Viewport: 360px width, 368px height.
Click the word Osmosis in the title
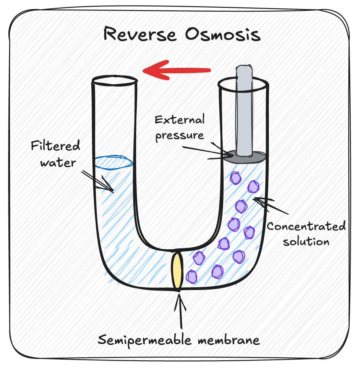tap(223, 34)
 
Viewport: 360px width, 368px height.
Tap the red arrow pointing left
tap(177, 70)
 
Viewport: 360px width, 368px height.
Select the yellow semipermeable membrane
tap(177, 270)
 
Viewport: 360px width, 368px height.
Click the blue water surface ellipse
tap(113, 161)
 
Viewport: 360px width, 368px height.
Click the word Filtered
tap(55, 146)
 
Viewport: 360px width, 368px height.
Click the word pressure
tap(180, 135)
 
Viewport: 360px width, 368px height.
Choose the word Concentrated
tap(306, 226)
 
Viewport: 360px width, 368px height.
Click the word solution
tap(306, 242)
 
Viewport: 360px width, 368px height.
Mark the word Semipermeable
tap(145, 340)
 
